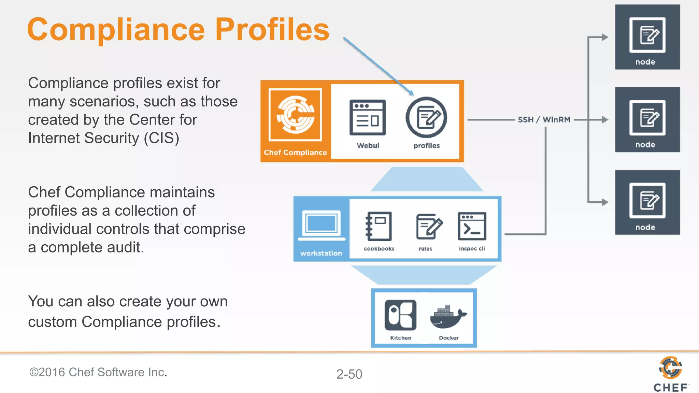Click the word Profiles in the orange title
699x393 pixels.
tap(272, 30)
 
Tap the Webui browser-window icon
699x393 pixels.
tap(367, 118)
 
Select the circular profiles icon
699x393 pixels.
tap(426, 118)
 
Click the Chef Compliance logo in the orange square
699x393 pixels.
tap(296, 115)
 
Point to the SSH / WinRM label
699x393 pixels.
tap(544, 120)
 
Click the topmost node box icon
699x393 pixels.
tap(647, 35)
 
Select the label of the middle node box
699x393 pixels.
tap(645, 145)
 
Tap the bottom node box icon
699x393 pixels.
tap(647, 201)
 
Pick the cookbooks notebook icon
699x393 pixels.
tap(379, 226)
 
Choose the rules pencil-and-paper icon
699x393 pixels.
tap(429, 226)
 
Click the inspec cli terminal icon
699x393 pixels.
tap(472, 226)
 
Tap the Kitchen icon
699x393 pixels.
tap(400, 315)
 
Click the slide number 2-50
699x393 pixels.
tap(349, 374)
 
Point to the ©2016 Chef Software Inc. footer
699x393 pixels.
tap(98, 372)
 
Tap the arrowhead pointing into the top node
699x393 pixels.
tap(605, 37)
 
